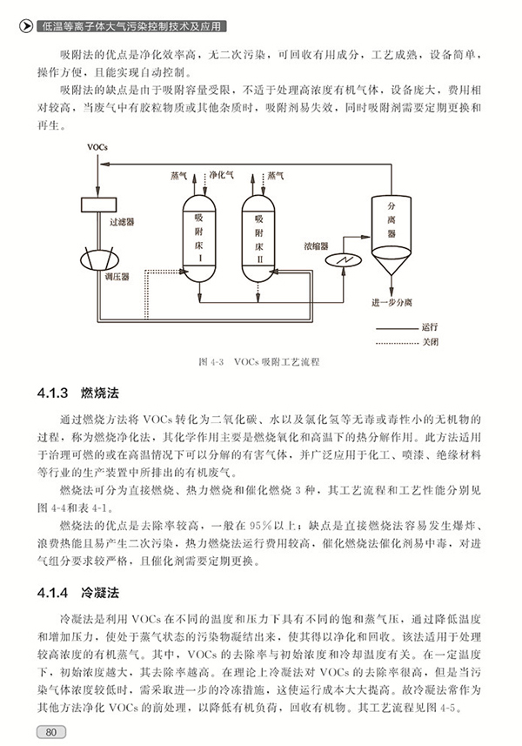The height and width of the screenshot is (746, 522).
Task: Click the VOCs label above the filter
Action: click(x=97, y=147)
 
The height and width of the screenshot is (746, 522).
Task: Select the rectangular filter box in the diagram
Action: click(x=98, y=205)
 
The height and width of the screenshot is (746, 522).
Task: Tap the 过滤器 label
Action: click(x=122, y=222)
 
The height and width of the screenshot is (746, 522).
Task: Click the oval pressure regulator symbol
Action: click(x=99, y=259)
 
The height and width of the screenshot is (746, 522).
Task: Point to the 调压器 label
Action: click(x=117, y=277)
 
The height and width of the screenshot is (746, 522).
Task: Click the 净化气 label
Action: click(x=222, y=175)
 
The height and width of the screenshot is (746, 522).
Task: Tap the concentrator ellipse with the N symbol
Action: click(x=344, y=259)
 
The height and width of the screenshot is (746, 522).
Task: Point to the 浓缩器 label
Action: click(x=316, y=246)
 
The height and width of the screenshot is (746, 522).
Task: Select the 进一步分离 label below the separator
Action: click(x=391, y=303)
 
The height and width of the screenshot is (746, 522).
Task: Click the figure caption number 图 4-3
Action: click(x=211, y=361)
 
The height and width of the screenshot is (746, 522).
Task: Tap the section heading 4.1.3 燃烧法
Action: click(x=78, y=393)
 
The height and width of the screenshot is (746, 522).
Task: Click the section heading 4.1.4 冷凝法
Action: click(x=78, y=593)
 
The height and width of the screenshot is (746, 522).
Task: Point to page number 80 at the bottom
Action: click(x=50, y=732)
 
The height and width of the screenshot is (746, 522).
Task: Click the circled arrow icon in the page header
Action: click(x=26, y=27)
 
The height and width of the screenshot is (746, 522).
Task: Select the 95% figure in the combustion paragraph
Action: click(x=260, y=526)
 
